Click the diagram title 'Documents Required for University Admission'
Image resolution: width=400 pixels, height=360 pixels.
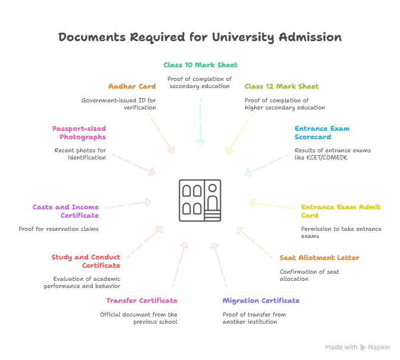click(200, 37)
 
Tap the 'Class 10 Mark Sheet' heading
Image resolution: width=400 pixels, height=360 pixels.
click(200, 64)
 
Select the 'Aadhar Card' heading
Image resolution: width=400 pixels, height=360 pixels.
click(132, 86)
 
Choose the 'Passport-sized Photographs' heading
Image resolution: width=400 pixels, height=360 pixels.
click(79, 132)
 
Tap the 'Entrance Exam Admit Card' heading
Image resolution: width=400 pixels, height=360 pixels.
click(340, 211)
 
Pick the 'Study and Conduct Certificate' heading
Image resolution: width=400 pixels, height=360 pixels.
click(86, 261)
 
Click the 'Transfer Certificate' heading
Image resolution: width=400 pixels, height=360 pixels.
click(142, 300)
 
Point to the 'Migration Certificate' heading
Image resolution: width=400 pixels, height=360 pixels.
click(261, 300)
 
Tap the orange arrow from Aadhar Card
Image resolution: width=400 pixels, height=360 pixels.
click(161, 134)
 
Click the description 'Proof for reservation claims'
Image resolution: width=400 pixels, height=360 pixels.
click(58, 228)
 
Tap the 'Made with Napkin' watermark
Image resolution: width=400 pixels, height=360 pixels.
click(358, 347)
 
